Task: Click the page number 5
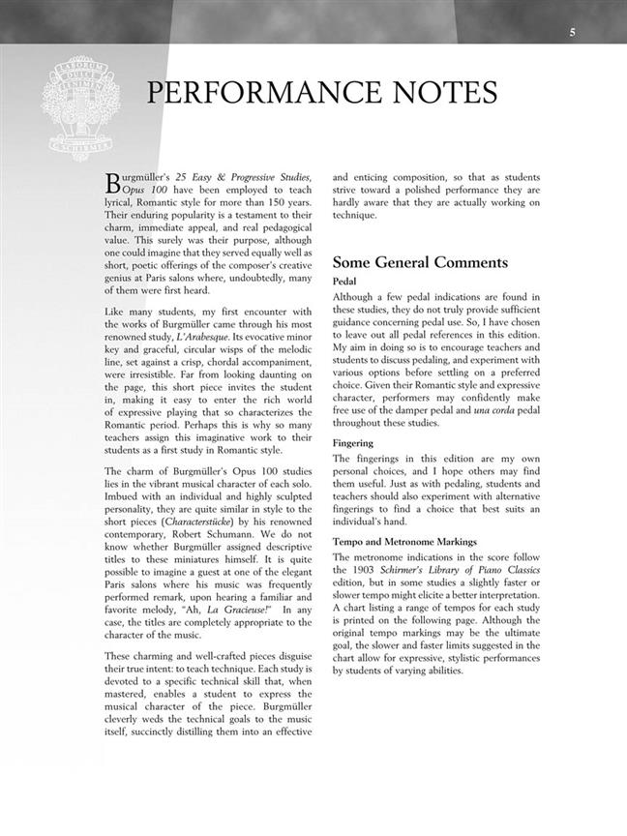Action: point(572,33)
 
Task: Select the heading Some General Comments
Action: point(419,262)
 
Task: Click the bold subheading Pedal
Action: point(345,281)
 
